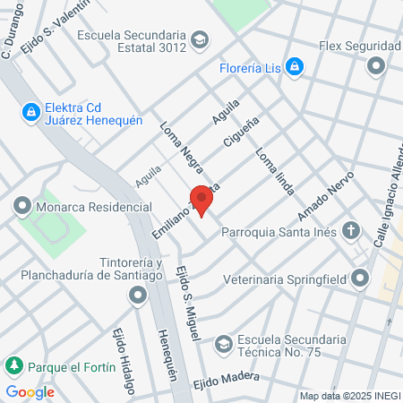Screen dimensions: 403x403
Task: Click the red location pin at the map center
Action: (201, 199)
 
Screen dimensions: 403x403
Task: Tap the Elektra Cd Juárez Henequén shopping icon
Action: (31, 111)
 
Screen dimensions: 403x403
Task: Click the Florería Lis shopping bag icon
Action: (295, 66)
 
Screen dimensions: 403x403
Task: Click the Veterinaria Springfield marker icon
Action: (360, 279)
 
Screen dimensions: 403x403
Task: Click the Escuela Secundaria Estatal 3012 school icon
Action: (200, 40)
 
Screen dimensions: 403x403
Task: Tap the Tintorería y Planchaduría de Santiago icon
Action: (137, 296)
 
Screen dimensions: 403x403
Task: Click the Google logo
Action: (30, 391)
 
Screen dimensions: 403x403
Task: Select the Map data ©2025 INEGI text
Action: (350, 395)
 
